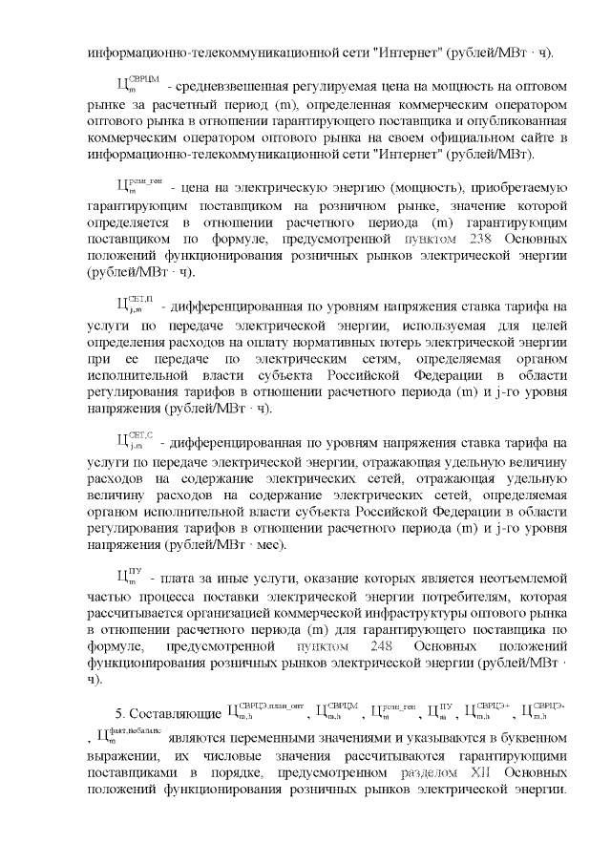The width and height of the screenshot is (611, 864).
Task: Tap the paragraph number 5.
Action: (119, 712)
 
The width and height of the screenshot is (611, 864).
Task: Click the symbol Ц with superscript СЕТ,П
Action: (130, 306)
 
